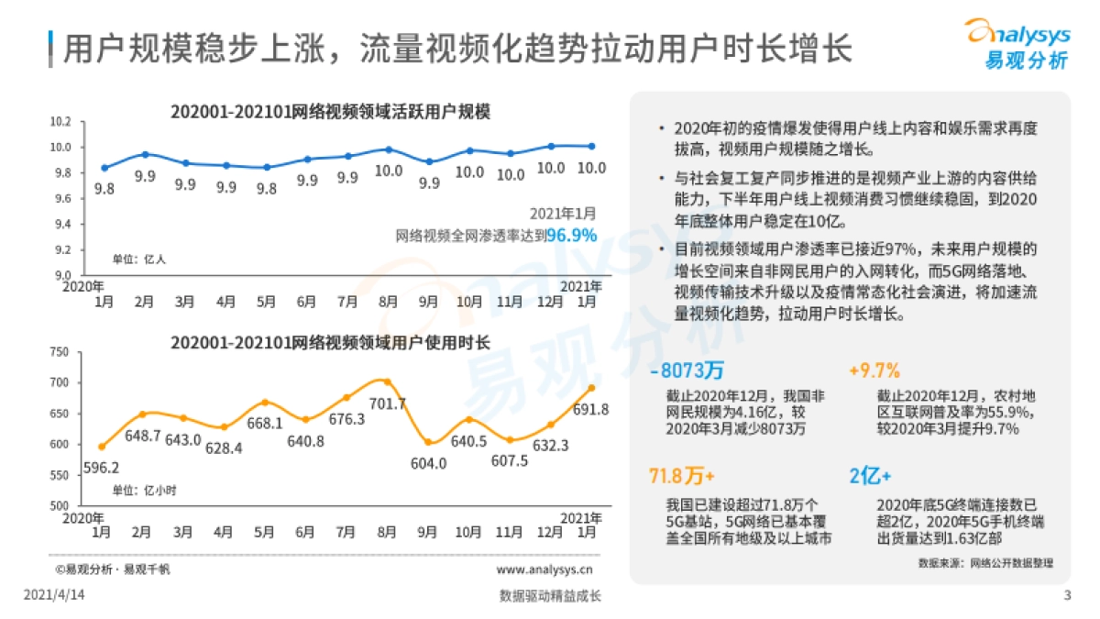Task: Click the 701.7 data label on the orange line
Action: pos(390,403)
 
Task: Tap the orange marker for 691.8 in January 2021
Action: pos(591,388)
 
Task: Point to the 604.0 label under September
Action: pos(428,464)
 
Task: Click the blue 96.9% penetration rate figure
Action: pos(571,236)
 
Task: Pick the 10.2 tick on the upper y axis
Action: pos(60,121)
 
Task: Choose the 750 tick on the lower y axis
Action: pos(60,352)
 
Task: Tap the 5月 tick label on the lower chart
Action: pos(264,532)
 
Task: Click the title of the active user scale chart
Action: pos(330,112)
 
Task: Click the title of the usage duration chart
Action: pos(330,342)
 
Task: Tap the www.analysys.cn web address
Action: pos(543,569)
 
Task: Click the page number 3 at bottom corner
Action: pos(1067,595)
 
